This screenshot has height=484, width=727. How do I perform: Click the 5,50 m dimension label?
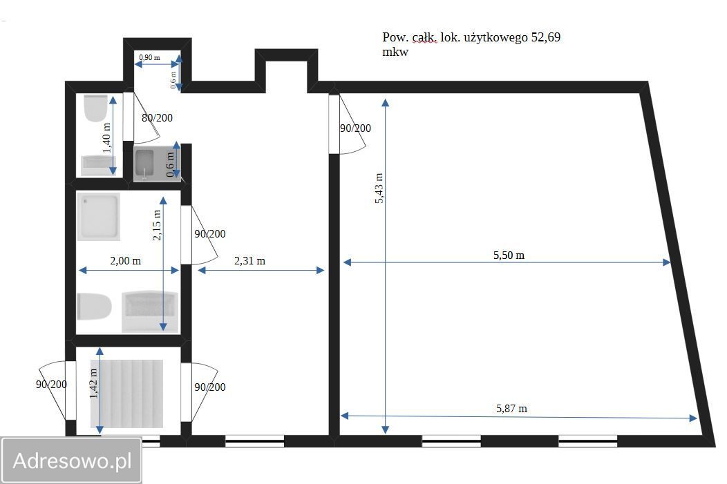pyautogui.click(x=509, y=255)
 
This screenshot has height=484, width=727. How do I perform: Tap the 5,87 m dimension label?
pyautogui.click(x=511, y=409)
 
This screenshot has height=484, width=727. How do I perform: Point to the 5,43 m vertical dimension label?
pyautogui.click(x=379, y=188)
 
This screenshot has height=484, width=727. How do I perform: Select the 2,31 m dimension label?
pyautogui.click(x=249, y=261)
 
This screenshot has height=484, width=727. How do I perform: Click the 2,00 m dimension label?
pyautogui.click(x=125, y=261)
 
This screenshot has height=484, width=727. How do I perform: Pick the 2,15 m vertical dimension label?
pyautogui.click(x=157, y=225)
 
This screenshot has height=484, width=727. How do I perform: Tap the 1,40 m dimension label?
pyautogui.click(x=107, y=138)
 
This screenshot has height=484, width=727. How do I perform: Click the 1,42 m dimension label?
pyautogui.click(x=94, y=383)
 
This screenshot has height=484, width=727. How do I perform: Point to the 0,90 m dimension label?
pyautogui.click(x=149, y=57)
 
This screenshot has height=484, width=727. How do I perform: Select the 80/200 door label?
pyautogui.click(x=157, y=118)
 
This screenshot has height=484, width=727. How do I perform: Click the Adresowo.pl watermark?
pyautogui.click(x=73, y=461)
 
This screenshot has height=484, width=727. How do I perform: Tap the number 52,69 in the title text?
pyautogui.click(x=546, y=37)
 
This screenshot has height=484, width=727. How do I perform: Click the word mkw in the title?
pyautogui.click(x=395, y=52)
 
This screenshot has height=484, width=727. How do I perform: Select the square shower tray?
pyautogui.click(x=99, y=217)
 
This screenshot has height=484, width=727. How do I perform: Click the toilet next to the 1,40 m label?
pyautogui.click(x=96, y=108)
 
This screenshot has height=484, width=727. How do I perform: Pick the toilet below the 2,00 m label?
pyautogui.click(x=94, y=307)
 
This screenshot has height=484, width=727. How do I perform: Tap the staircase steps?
pyautogui.click(x=126, y=394)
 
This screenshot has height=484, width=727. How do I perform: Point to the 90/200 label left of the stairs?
pyautogui.click(x=51, y=385)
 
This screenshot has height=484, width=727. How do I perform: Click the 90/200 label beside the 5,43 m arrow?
pyautogui.click(x=356, y=128)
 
